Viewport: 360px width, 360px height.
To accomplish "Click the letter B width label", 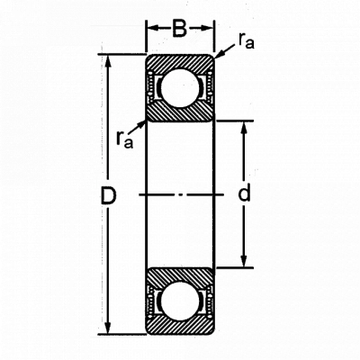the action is pyautogui.click(x=180, y=29).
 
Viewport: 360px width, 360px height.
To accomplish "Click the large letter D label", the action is pyautogui.click(x=108, y=195).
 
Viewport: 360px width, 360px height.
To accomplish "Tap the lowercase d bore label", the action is pyautogui.click(x=244, y=193).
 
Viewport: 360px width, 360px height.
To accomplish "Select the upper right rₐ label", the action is pyautogui.click(x=247, y=41).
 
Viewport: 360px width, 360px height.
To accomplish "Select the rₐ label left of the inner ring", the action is pyautogui.click(x=124, y=140).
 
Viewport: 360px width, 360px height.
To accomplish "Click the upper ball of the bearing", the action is pyautogui.click(x=180, y=87).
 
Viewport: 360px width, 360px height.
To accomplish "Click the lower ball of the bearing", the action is pyautogui.click(x=180, y=301).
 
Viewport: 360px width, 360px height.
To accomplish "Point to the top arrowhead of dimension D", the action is pyautogui.click(x=108, y=61).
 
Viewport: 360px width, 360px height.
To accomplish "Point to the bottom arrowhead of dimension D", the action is pyautogui.click(x=108, y=328).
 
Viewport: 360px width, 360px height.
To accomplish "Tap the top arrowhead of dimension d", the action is pyautogui.click(x=244, y=128).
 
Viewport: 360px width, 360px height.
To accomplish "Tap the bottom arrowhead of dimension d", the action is pyautogui.click(x=244, y=260).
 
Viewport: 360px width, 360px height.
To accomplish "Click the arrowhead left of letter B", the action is pyautogui.click(x=153, y=28).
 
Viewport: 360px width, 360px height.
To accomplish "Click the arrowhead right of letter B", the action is pyautogui.click(x=207, y=28).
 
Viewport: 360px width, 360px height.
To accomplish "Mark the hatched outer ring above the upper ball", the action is pyautogui.click(x=180, y=62).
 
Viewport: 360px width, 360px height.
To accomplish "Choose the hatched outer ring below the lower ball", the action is pyautogui.click(x=180, y=327).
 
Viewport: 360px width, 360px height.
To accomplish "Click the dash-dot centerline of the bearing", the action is pyautogui.click(x=182, y=195).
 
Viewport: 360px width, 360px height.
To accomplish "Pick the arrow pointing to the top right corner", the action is pyautogui.click(x=225, y=51).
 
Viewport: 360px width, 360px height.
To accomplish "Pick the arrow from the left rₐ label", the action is pyautogui.click(x=138, y=127).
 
